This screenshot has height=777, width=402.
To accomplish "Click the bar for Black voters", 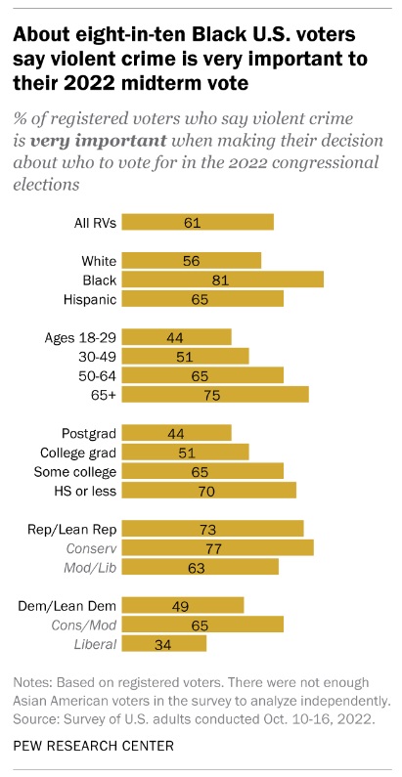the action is (x=223, y=280).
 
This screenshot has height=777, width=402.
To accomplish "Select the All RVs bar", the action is (x=198, y=222).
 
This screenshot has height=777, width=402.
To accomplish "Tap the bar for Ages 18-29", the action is (x=176, y=337).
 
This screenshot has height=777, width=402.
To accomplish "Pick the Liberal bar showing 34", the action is (x=164, y=643).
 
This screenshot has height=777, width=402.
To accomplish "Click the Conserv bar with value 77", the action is (x=217, y=547).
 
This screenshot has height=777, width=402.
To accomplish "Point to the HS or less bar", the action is (x=209, y=490).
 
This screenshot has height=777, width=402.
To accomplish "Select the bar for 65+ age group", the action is (x=215, y=395).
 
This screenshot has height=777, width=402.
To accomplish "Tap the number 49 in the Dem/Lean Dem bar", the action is (x=180, y=606).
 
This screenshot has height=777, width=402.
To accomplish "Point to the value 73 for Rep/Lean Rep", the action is (x=207, y=529).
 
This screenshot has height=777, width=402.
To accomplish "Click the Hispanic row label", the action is (x=90, y=299).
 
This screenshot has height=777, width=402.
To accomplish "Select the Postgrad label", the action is (x=89, y=433).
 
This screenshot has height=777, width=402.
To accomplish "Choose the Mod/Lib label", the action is (x=90, y=568).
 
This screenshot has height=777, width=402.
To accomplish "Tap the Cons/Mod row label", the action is (x=84, y=625).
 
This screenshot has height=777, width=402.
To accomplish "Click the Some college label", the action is (x=75, y=471).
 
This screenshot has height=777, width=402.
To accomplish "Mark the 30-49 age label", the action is (x=97, y=357).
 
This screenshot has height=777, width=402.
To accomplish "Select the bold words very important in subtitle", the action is (x=98, y=141).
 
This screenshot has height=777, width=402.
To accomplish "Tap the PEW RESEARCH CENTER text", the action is (x=94, y=745).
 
